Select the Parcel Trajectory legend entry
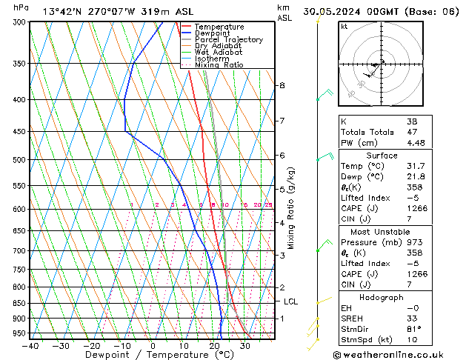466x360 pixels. [228, 40]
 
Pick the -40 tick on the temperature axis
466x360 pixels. [30, 345]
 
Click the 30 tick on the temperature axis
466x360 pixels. [245, 345]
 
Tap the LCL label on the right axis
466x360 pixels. [290, 301]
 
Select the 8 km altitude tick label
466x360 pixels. [282, 85]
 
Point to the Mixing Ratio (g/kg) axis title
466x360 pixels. [292, 207]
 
